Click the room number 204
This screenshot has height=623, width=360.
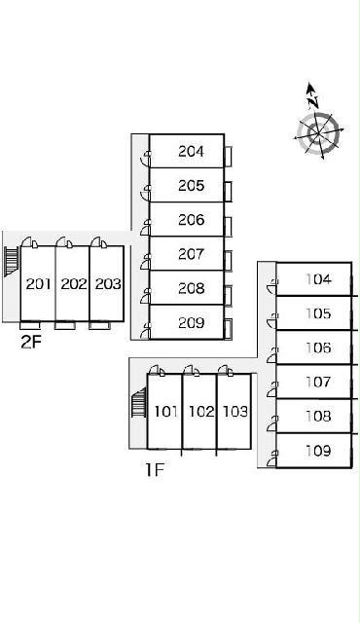click(x=191, y=152)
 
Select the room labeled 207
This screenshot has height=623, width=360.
click(x=191, y=254)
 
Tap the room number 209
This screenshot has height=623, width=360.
click(x=191, y=322)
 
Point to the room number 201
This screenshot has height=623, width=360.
click(x=39, y=283)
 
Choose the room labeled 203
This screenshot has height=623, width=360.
click(x=108, y=283)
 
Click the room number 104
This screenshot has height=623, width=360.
click(x=318, y=279)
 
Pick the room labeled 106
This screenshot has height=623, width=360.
click(x=318, y=348)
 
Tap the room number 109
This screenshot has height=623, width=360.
click(x=318, y=451)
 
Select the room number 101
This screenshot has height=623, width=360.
click(x=165, y=411)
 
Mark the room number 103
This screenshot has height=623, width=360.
click(x=235, y=411)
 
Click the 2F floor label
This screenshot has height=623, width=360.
click(x=31, y=342)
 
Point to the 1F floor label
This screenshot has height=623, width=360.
click(x=155, y=470)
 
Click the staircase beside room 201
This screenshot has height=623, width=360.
click(x=12, y=261)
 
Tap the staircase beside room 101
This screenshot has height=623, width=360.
click(x=139, y=403)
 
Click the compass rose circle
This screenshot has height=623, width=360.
click(x=319, y=133)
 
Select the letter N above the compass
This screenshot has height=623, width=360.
click(x=313, y=101)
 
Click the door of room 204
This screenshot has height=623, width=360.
click(x=146, y=159)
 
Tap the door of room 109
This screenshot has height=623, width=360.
click(x=272, y=458)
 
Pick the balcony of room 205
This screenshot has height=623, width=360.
click(x=228, y=191)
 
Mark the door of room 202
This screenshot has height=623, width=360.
click(x=64, y=242)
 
